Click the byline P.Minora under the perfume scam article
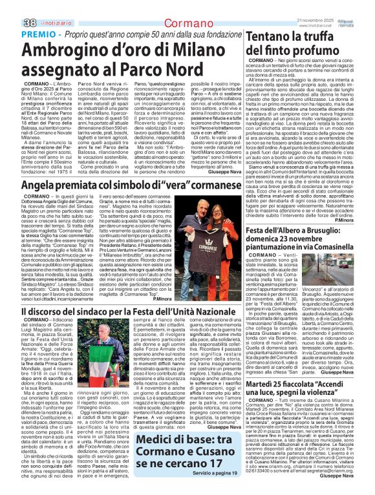[x=361, y=220]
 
